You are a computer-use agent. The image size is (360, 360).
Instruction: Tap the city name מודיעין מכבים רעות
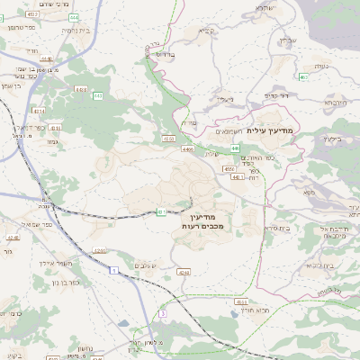213,221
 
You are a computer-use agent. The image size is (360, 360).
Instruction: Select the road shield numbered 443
97,94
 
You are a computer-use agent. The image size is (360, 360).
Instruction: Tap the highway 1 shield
114,270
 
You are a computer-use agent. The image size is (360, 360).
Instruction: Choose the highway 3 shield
163,313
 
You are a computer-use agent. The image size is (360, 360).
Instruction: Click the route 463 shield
303,77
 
